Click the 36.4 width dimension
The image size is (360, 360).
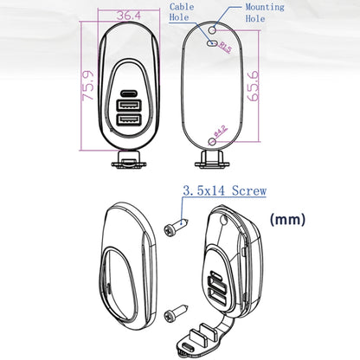(x=128, y=15)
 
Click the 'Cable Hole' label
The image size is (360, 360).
(x=183, y=10)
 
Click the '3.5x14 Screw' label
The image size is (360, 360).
(x=224, y=191)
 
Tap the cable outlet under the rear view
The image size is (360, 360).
(x=213, y=158)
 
